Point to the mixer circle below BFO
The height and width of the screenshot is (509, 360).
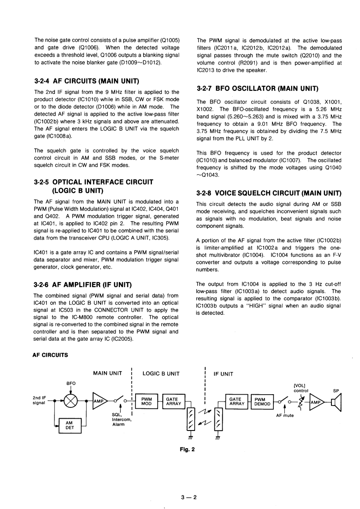click(x=71, y=401)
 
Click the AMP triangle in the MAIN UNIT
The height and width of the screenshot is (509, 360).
click(x=99, y=401)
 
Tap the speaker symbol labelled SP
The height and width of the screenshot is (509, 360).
click(x=336, y=401)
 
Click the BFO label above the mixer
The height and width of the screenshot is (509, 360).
click(x=71, y=383)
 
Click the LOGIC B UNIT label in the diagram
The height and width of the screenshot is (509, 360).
click(x=161, y=374)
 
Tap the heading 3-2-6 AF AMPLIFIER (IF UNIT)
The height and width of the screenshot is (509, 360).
click(x=89, y=284)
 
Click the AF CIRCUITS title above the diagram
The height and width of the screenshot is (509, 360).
click(x=50, y=355)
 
